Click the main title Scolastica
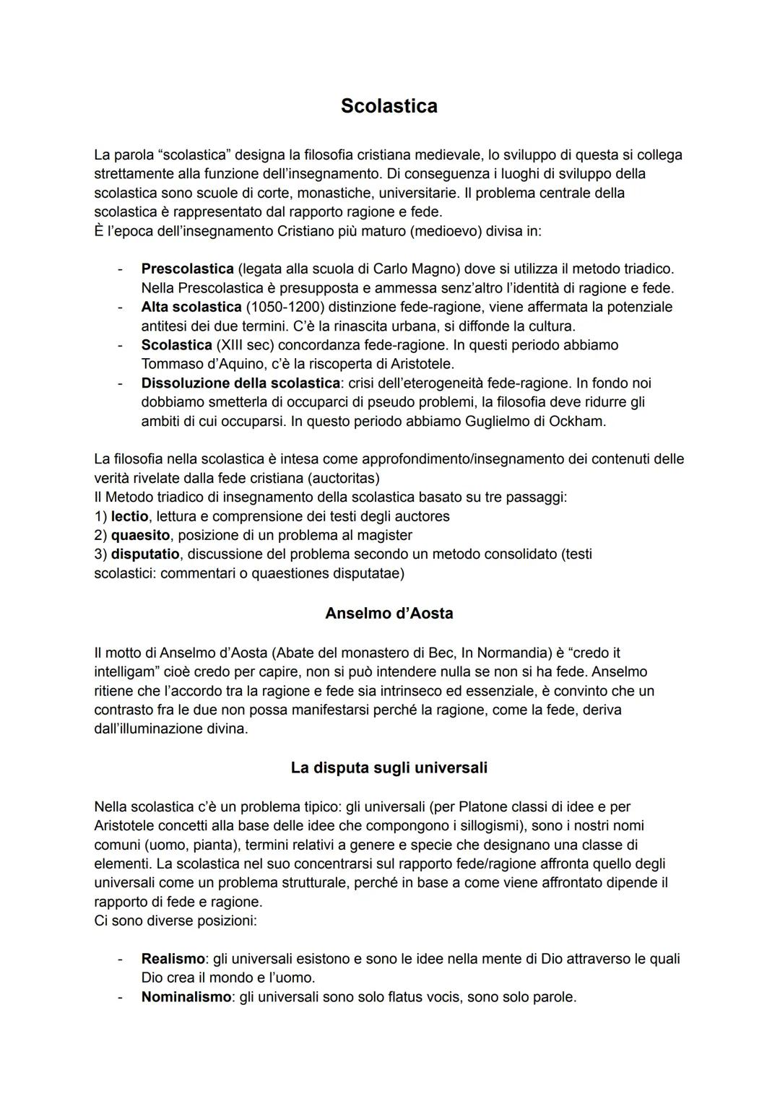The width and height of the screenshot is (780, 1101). click(389, 106)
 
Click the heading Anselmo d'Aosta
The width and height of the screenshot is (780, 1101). click(389, 614)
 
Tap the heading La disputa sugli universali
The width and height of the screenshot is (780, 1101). click(389, 767)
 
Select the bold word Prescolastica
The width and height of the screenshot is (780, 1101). click(188, 269)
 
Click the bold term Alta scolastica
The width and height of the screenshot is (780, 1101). click(191, 307)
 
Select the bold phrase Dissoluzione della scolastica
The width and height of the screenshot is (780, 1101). click(240, 383)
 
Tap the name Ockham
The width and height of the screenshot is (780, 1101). click(578, 421)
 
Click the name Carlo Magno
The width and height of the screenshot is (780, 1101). click(411, 269)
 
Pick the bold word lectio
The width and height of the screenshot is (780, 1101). click(129, 516)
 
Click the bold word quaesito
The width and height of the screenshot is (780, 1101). click(140, 536)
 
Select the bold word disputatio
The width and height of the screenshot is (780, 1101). click(145, 554)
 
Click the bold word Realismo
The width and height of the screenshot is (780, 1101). click(173, 959)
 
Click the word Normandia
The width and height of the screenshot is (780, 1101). click(515, 653)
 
